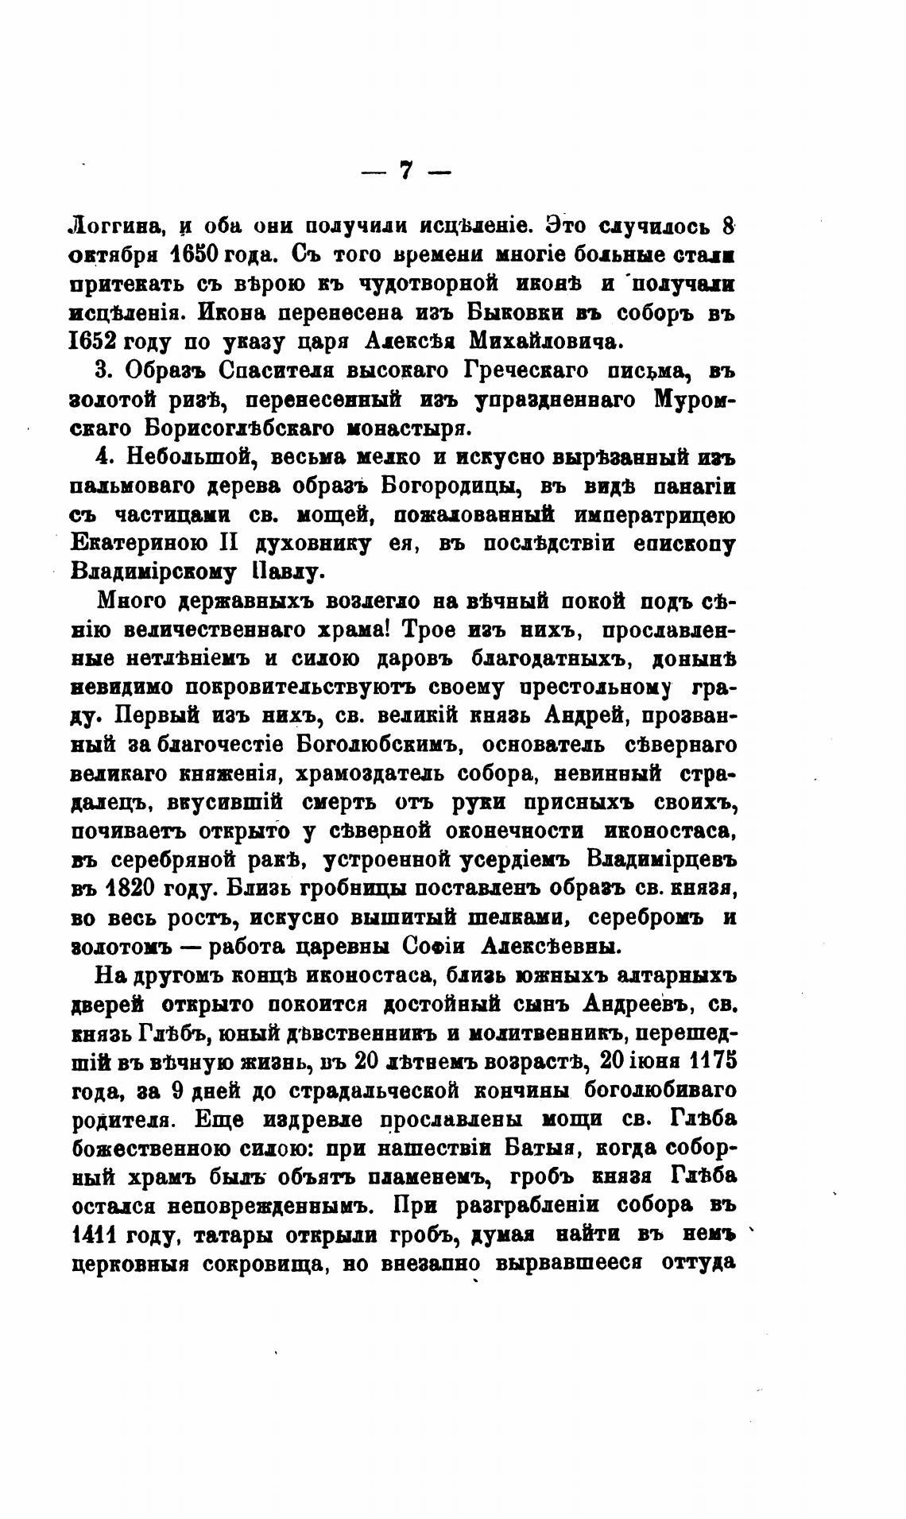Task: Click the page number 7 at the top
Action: click(405, 171)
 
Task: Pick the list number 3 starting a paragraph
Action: click(100, 370)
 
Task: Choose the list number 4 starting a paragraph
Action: click(100, 458)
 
